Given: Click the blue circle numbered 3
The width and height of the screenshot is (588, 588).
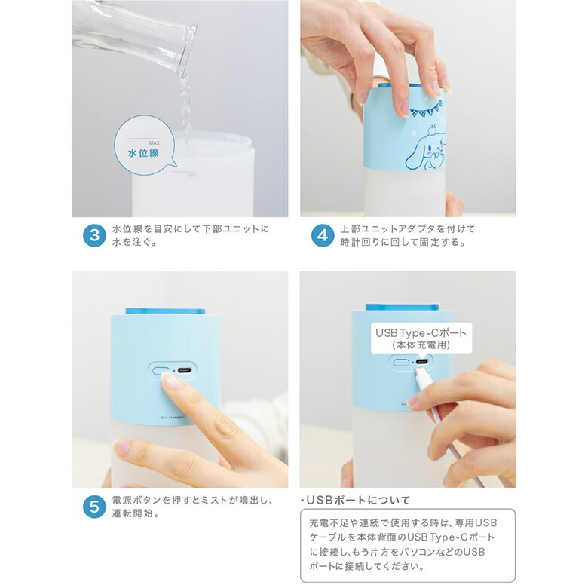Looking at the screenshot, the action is pyautogui.click(x=94, y=235).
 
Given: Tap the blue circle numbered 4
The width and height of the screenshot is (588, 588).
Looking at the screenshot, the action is pyautogui.click(x=323, y=235).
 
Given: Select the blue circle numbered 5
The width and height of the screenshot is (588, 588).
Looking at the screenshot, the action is pyautogui.click(x=94, y=507).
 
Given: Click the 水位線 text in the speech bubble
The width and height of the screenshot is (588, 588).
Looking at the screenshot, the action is pyautogui.click(x=143, y=153).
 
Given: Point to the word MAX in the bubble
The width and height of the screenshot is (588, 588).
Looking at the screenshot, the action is pyautogui.click(x=155, y=143).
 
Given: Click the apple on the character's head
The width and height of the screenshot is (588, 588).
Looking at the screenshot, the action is pyautogui.click(x=433, y=130).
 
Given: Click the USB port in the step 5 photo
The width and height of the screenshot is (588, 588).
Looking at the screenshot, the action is pyautogui.click(x=185, y=370).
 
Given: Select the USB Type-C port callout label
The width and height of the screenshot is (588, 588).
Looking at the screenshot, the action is pyautogui.click(x=421, y=338).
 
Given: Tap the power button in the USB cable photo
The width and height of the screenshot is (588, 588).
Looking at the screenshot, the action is pyautogui.click(x=401, y=363).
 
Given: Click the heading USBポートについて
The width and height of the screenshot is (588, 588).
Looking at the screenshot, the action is pyautogui.click(x=356, y=500).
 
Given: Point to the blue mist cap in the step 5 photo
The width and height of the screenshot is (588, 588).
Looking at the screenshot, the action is pyautogui.click(x=165, y=311).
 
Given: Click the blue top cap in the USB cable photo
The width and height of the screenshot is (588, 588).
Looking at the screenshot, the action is pyautogui.click(x=402, y=307).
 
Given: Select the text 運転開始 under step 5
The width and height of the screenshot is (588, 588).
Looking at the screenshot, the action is pyautogui.click(x=133, y=513).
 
